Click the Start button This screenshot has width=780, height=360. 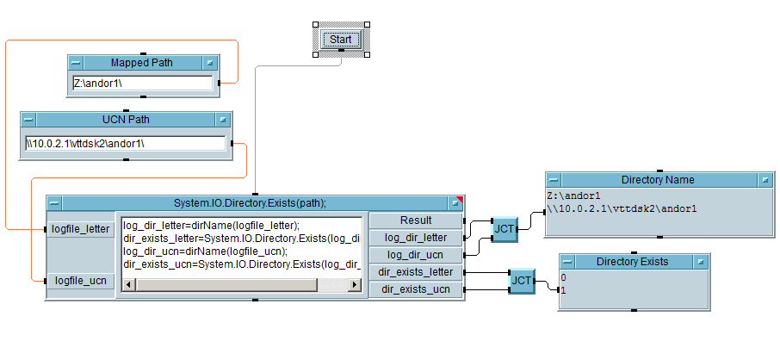coord(341,40)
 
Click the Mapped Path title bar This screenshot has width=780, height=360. coord(141,63)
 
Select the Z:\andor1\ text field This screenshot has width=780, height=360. coord(142,84)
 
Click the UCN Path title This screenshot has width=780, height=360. coord(127,120)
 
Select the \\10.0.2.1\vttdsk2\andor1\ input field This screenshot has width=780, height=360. coord(126,143)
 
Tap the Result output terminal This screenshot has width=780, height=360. coord(416,220)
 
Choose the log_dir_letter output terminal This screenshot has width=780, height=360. coord(416,237)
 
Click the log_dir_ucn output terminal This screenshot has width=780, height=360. coord(416,254)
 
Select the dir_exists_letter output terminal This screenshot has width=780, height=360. coord(416,272)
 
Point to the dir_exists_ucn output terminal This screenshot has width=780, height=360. coord(416,289)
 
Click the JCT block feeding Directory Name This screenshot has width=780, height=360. coord(505,228)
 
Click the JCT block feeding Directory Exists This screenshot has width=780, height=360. coord(521,281)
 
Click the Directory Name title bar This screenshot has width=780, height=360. coord(657,180)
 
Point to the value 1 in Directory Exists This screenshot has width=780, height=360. coord(564,289)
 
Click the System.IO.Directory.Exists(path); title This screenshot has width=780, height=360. coord(255,203)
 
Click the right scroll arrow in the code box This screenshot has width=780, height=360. coord(356,284)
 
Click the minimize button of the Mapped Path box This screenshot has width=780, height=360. coord(77,63)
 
